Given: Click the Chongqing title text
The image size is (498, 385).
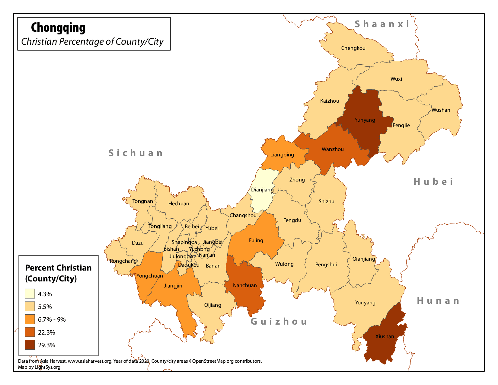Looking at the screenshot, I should tap(58, 28).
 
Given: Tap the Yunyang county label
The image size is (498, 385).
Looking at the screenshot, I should tap(365, 120).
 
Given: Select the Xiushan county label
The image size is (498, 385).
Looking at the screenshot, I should tap(385, 336).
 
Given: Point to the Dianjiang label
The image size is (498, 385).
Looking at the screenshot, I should tap(262, 190).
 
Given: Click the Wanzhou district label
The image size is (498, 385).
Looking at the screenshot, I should tap(333, 149).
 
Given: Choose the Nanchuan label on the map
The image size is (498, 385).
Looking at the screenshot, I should tap(245, 285).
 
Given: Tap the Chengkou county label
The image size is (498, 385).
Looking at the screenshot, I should tap(353, 48).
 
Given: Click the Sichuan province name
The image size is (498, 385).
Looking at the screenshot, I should tap(136, 153).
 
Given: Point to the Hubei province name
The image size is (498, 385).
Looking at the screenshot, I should tap(433, 181).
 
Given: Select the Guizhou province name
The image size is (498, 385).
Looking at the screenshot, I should tap(279, 322).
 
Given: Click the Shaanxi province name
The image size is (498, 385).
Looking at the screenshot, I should tap(382, 24).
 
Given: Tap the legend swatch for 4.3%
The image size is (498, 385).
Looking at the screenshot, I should tap(30, 294).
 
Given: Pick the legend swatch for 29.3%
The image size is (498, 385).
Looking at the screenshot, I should tap(30, 345).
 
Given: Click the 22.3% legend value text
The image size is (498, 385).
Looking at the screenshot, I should tap(46, 332).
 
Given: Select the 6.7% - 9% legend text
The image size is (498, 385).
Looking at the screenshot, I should tap(52, 319).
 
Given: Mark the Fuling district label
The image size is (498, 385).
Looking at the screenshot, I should tap(256, 240).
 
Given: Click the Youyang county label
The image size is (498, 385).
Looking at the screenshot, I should tap(365, 303).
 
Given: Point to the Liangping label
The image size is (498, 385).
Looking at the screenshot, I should tap(282, 155).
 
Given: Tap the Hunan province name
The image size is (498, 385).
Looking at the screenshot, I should tap(438, 301).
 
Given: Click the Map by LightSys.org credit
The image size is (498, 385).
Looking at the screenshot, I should tap(39, 367).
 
